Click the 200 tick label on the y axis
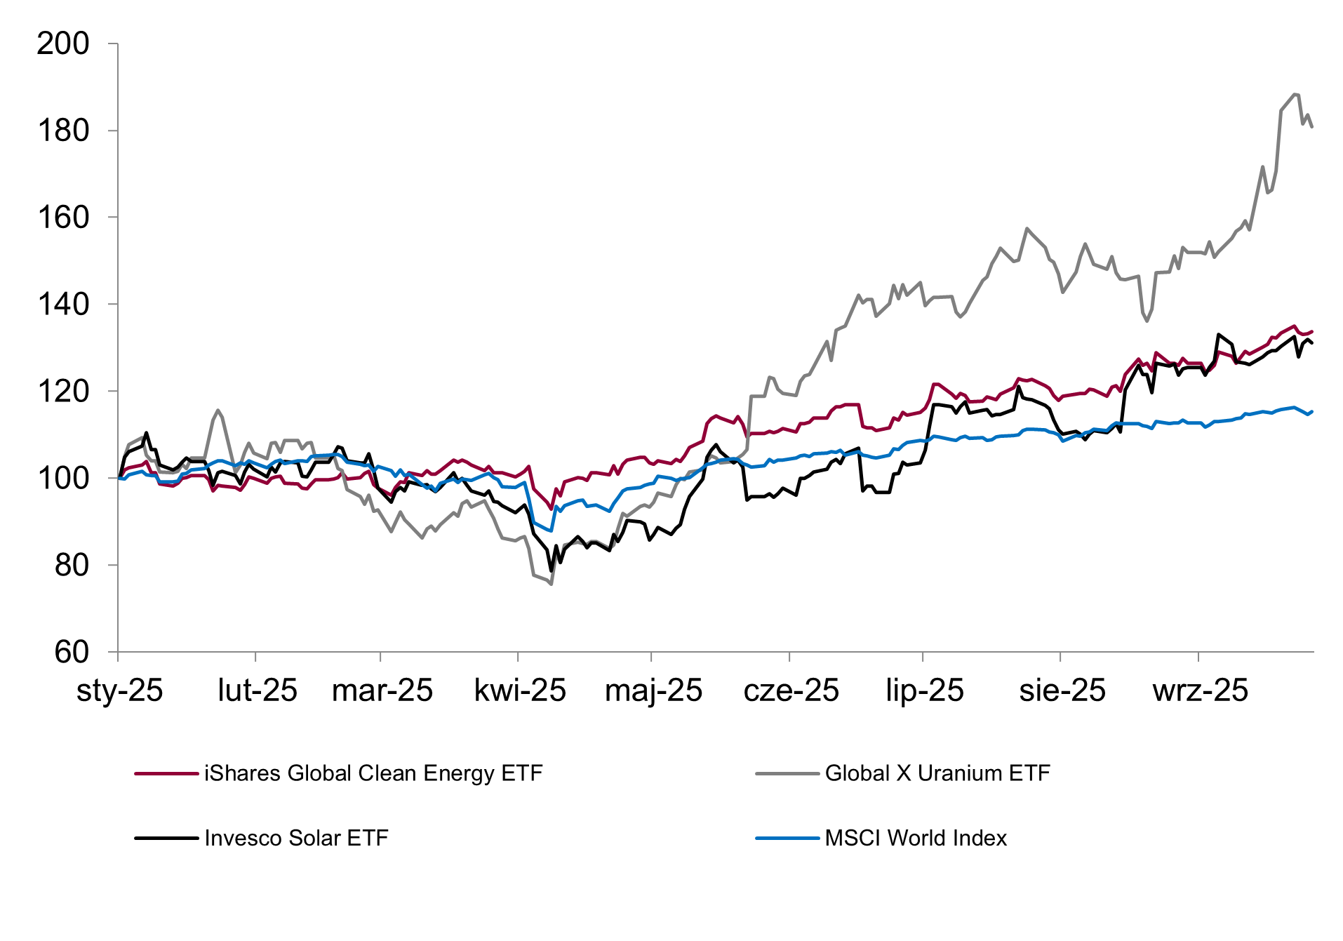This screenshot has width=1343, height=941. (63, 44)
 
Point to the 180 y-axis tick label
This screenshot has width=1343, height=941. (63, 131)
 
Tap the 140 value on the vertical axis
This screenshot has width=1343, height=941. (63, 305)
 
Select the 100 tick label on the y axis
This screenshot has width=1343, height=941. (63, 479)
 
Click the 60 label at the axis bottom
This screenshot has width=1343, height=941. (72, 653)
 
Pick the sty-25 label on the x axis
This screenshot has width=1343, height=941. (119, 691)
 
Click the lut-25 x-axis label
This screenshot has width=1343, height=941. (258, 691)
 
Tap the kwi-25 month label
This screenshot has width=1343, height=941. (520, 691)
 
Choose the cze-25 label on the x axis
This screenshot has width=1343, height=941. (791, 691)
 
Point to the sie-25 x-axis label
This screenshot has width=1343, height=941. (1062, 691)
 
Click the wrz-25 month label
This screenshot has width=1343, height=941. (1200, 691)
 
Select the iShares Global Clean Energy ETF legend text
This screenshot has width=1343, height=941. (373, 773)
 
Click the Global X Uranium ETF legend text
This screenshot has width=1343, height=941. (937, 773)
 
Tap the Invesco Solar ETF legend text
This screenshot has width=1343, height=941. (296, 839)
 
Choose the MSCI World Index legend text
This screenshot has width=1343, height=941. (916, 839)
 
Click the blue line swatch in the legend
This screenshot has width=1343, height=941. (787, 839)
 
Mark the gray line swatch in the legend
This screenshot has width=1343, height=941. (787, 774)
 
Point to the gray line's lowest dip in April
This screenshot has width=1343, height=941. (552, 584)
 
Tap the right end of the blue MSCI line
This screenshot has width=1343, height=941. (1312, 411)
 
